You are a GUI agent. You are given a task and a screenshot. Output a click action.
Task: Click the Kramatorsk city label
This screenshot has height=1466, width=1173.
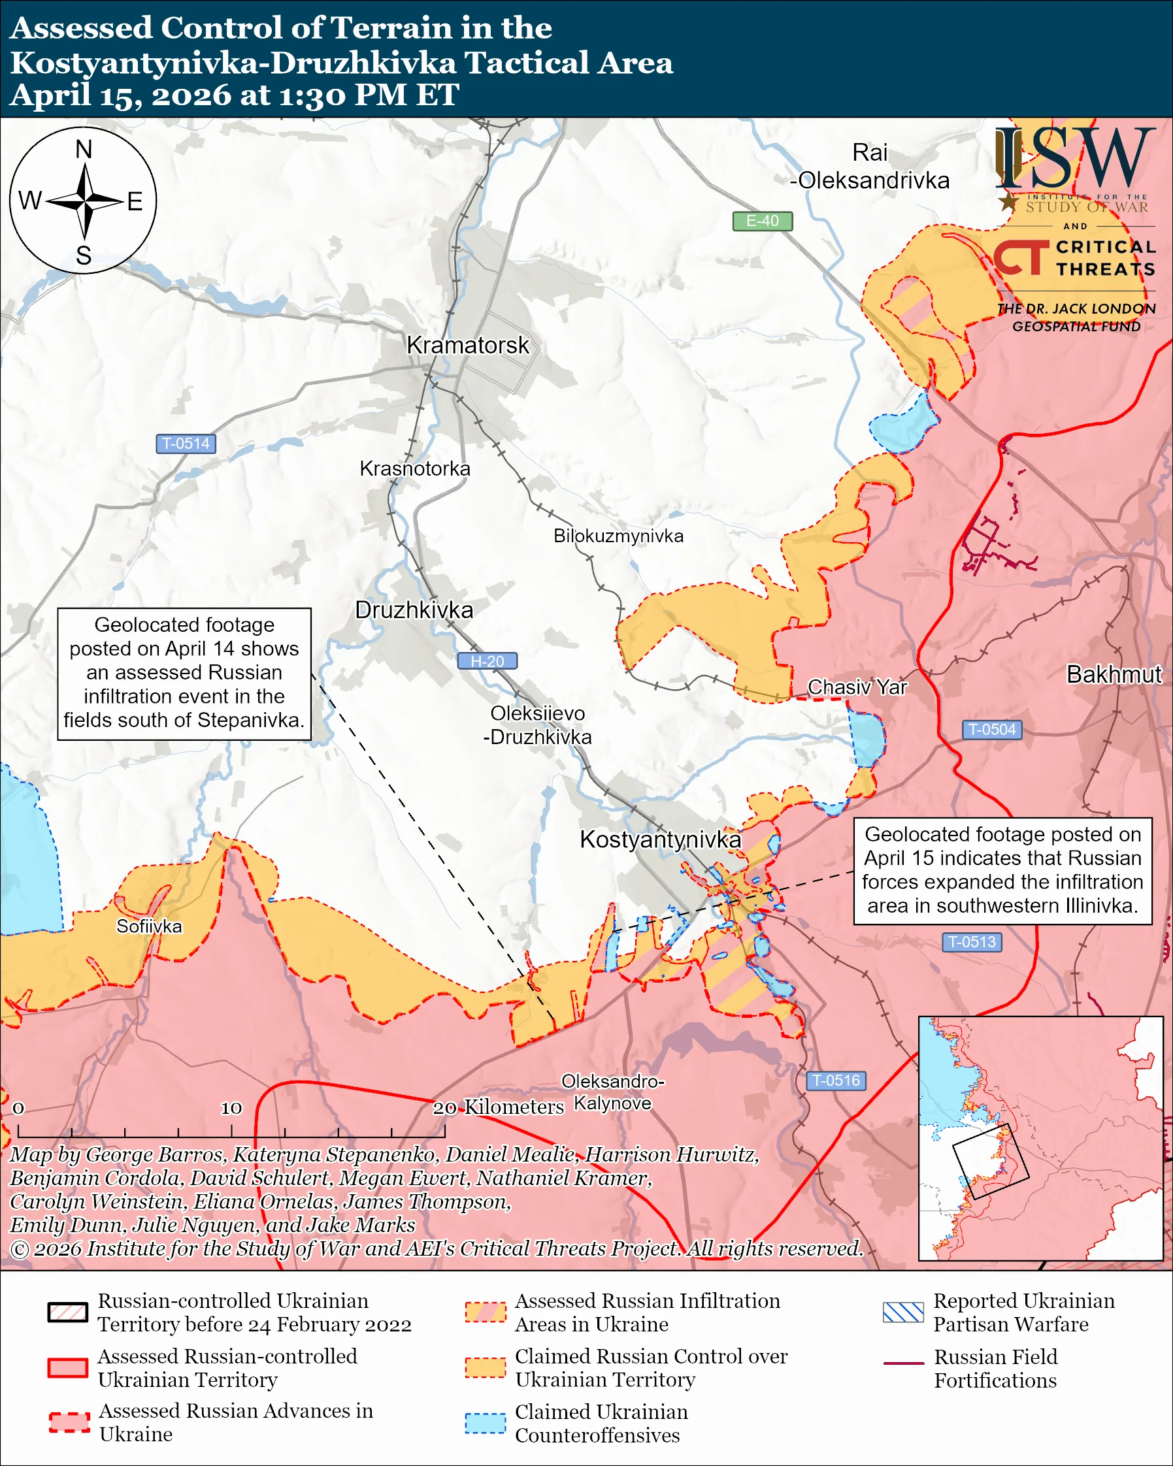[467, 346]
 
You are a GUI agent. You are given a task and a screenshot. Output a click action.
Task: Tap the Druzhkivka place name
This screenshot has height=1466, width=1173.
[414, 610]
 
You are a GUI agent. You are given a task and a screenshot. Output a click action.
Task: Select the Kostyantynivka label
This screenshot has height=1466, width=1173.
[659, 839]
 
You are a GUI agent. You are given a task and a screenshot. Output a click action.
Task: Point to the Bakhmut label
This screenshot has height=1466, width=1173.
[1114, 674]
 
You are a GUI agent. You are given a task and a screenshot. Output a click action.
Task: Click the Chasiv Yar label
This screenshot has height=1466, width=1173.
[857, 687]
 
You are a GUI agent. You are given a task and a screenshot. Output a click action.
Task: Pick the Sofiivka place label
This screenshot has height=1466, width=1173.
[149, 927]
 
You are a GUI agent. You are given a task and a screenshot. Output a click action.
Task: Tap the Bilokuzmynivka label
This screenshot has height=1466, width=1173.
[618, 536]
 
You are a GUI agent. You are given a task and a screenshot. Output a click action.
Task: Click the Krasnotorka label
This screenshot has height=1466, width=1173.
[415, 468]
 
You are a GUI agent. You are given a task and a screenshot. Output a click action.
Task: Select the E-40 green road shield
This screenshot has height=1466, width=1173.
[762, 221]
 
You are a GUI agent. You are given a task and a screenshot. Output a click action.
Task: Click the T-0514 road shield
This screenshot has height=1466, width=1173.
[186, 444]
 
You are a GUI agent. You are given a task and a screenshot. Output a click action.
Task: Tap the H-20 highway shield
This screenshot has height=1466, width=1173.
[487, 661]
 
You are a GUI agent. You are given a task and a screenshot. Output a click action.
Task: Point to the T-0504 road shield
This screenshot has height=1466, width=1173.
[991, 730]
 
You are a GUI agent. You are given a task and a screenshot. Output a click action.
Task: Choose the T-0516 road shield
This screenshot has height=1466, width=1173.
[836, 1081]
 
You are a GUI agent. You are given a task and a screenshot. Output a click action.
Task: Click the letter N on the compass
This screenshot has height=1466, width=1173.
[84, 149]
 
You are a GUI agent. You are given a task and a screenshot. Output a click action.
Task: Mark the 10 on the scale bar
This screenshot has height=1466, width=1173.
[231, 1107]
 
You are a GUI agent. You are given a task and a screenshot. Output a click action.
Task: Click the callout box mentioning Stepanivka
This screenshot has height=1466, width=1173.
[184, 673]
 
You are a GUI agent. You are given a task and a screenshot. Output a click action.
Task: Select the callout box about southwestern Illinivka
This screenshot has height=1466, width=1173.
[1002, 870]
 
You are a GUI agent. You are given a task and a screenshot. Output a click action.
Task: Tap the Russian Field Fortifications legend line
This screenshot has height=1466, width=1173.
[903, 1363]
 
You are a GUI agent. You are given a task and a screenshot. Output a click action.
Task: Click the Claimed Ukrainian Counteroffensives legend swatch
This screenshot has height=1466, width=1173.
[486, 1422]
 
